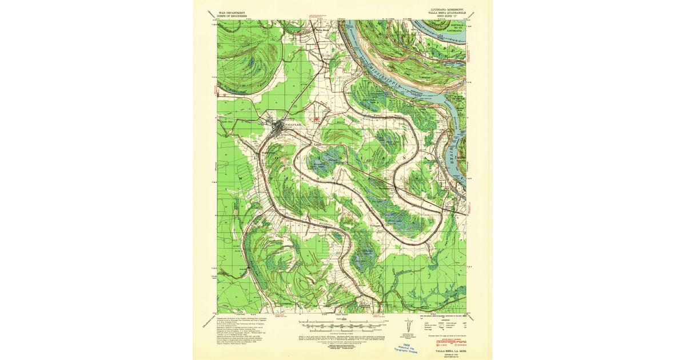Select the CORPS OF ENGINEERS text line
point(232,16)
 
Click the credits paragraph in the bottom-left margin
point(240,329)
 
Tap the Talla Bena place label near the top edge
point(324,30)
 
